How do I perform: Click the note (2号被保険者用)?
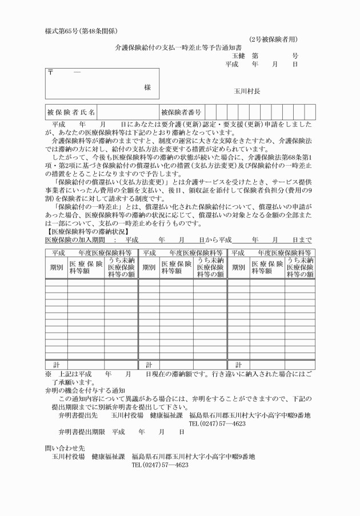273,39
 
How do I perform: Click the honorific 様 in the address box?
147,87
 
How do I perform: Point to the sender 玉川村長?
247,91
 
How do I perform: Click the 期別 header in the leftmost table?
56,267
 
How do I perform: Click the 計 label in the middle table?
149,364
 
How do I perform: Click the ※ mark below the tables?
48,374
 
